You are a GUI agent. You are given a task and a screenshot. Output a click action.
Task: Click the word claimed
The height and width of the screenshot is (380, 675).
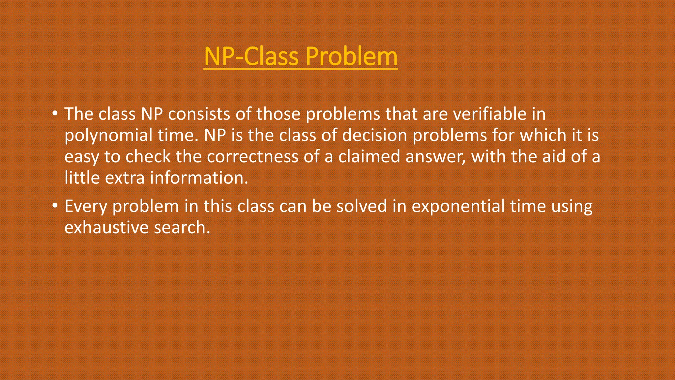click(369, 156)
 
